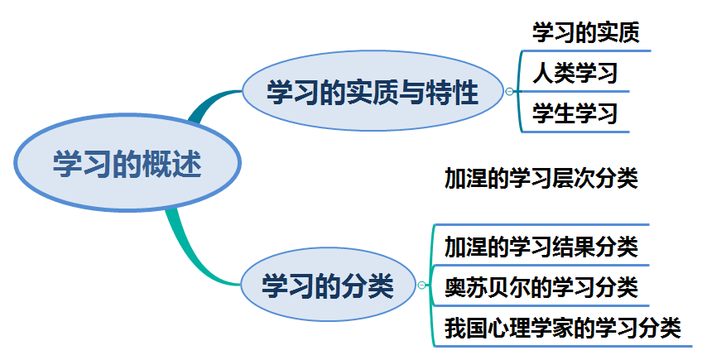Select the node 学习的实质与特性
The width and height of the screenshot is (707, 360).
point(373,92)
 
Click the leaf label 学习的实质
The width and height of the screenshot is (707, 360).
point(585,34)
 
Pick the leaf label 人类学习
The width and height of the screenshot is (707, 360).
point(575,74)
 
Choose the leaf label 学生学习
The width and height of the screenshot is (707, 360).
point(575,113)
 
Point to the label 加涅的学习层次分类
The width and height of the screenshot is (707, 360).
point(541,179)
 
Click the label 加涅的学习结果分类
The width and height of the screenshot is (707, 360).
point(541,246)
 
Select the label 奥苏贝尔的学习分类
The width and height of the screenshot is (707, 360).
point(541,287)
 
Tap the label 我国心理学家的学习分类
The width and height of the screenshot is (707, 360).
point(562,328)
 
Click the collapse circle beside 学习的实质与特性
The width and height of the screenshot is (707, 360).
point(509,92)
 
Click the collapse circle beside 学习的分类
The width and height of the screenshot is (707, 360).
point(422,286)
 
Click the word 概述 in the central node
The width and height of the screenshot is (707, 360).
point(176,163)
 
